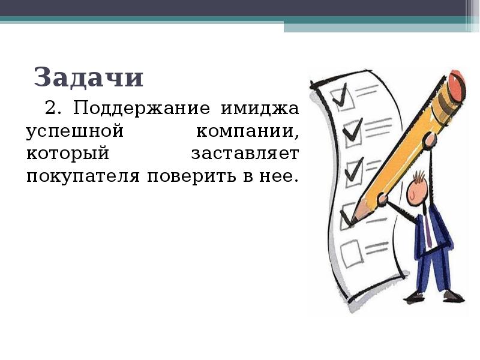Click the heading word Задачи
tap(89, 78)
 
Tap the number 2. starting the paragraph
tap(53, 109)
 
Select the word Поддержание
tap(142, 109)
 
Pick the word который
tap(67, 154)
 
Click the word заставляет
tap(245, 154)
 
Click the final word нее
tap(280, 177)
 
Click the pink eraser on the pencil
tap(457, 85)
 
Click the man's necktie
tap(427, 229)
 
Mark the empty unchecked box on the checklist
tap(352, 250)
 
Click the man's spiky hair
tap(419, 176)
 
